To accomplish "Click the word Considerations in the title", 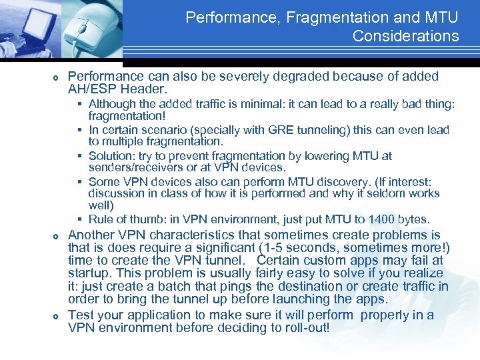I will (405, 36).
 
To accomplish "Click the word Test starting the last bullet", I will (82, 315).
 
